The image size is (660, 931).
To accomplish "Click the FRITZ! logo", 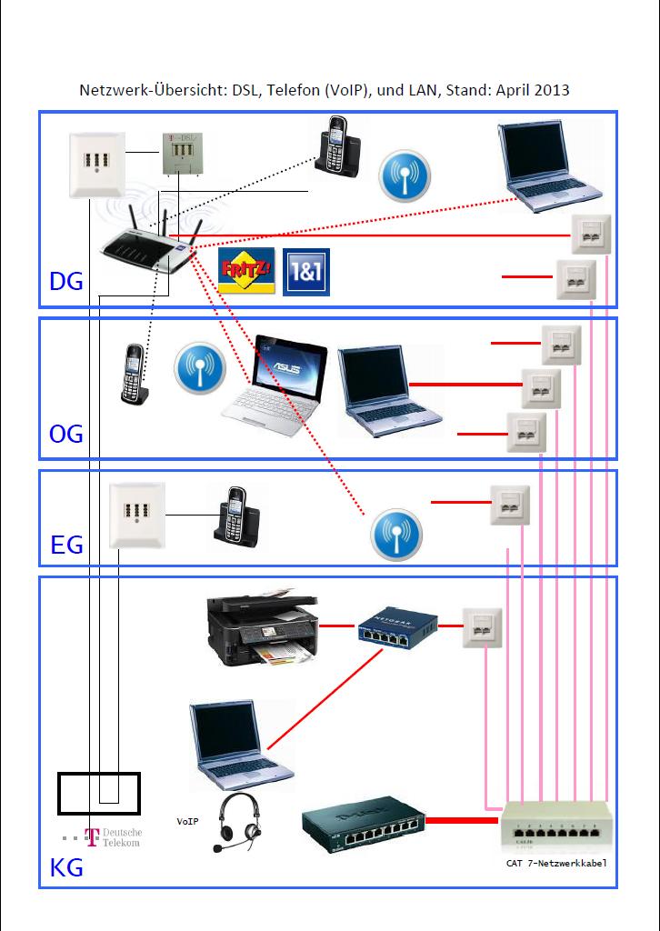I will coord(245,272).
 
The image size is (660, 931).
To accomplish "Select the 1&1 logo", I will coord(306,272).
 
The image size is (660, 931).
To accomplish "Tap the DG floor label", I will coord(65,282).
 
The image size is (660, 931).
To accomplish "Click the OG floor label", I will coord(65,434).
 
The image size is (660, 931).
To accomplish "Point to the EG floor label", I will coord(66,545).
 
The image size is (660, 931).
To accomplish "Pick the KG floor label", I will coord(65,867).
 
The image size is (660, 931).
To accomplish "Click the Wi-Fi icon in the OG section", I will coord(199,368).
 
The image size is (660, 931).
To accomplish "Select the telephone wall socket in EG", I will coord(136,516).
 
